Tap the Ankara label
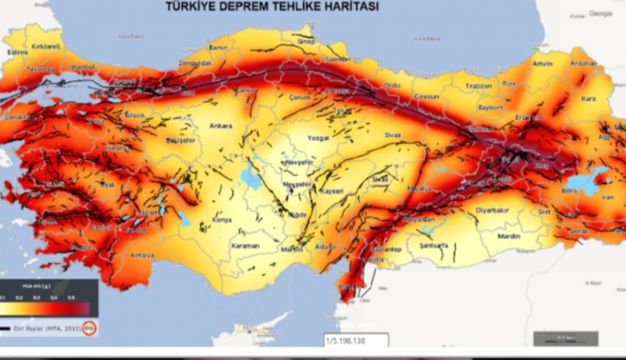click(x=220, y=126)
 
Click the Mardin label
click(x=509, y=235)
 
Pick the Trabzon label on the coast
click(x=479, y=86)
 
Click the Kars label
click(x=588, y=99)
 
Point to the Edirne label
click(x=17, y=52)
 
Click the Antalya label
click(x=143, y=255)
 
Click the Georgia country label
click(x=600, y=14)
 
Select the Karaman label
click(x=245, y=247)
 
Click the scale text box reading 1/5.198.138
click(x=356, y=341)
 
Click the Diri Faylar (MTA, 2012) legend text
click(x=45, y=327)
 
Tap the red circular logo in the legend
click(x=88, y=327)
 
